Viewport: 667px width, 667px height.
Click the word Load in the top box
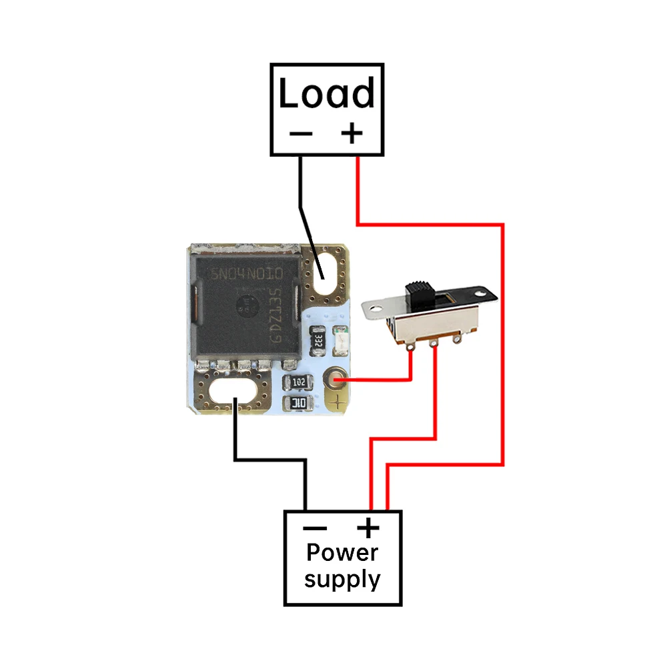327,94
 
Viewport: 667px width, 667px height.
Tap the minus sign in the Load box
301,133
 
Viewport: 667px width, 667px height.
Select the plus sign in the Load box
352,133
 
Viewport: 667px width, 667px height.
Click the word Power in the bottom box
342,553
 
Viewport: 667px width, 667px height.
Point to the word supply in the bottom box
342,579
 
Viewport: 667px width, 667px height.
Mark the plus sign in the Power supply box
368,529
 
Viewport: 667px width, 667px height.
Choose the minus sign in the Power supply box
315,529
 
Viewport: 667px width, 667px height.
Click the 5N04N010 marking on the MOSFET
247,274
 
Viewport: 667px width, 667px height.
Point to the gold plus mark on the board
340,402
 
